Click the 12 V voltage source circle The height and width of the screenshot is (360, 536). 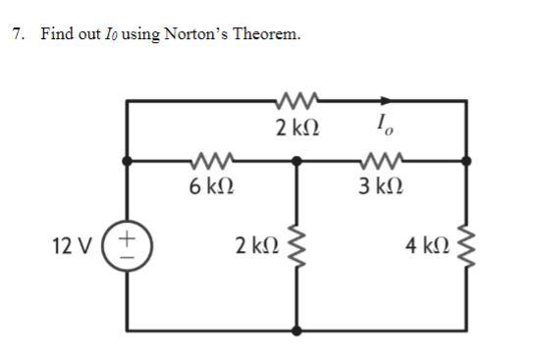pyautogui.click(x=129, y=241)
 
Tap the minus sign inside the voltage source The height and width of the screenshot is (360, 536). pyautogui.click(x=129, y=250)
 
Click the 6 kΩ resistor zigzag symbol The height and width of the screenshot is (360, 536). pyautogui.click(x=212, y=158)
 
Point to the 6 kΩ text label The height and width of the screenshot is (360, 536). pyautogui.click(x=212, y=183)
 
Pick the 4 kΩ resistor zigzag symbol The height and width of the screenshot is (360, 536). pyautogui.click(x=465, y=242)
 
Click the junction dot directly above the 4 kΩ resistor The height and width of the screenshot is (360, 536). pyautogui.click(x=465, y=159)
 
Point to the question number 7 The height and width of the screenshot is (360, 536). pyautogui.click(x=17, y=35)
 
